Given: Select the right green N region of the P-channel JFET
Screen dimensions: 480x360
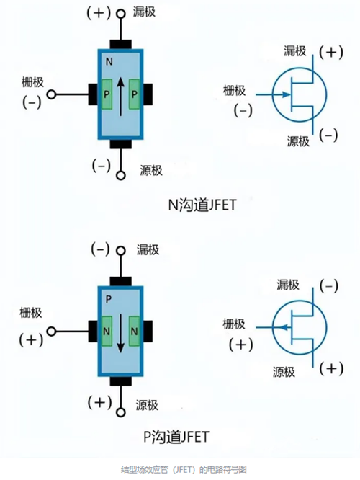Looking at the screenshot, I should click(x=135, y=331).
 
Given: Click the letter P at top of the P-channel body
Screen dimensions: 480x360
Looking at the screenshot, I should click(x=108, y=297).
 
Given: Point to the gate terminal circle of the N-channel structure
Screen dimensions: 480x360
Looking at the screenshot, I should click(x=51, y=94).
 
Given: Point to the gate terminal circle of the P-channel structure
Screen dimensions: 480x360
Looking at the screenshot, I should click(x=51, y=332).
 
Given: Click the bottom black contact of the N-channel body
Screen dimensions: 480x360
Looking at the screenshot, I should click(x=121, y=143).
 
